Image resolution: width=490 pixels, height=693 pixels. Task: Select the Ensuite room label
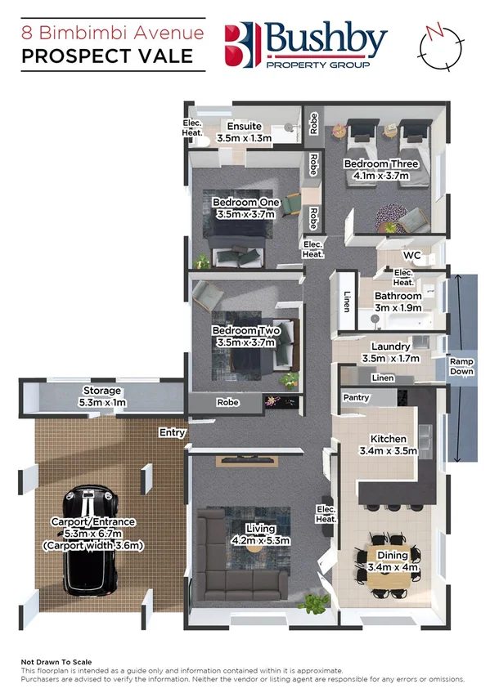pos(245,127)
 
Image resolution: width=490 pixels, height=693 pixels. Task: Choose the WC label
pos(411,256)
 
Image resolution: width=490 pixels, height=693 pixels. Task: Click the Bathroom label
pos(398,296)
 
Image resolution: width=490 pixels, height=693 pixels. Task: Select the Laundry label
pos(389,346)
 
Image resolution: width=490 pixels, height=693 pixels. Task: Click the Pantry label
pos(357,398)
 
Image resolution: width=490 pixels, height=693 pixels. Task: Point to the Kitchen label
pos(389,438)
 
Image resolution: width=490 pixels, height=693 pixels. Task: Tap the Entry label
pos(173,432)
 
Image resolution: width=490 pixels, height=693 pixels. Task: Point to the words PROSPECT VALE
pos(107,56)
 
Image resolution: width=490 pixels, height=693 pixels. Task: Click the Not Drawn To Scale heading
pos(56,662)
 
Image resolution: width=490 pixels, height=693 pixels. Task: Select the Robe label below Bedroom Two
pos(227,403)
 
